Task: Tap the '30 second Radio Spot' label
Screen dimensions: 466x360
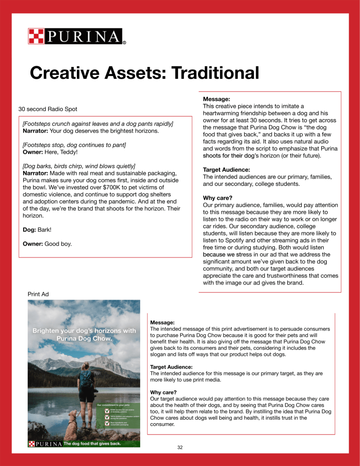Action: [48, 109]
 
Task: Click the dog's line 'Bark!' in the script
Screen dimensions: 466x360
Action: [44, 230]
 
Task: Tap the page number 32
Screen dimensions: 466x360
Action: [180, 447]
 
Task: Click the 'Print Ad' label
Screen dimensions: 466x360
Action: [38, 294]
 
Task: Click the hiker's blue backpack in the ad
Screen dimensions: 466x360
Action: [86, 379]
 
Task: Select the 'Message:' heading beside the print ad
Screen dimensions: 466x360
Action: [162, 323]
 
